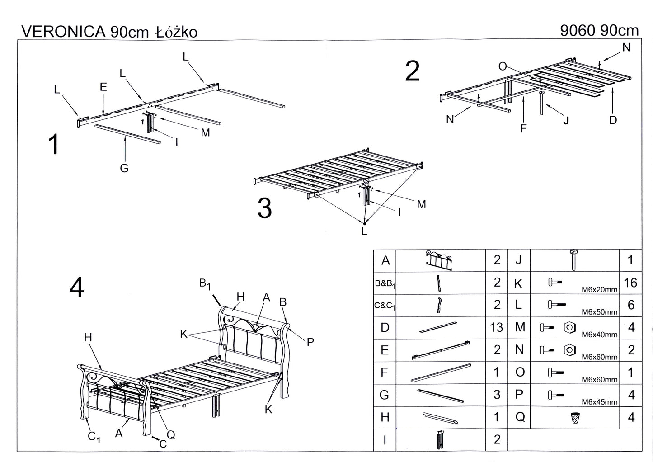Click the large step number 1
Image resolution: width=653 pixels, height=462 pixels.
[x=54, y=145]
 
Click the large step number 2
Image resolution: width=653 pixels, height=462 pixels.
[x=412, y=71]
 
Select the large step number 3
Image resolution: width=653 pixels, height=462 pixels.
[x=264, y=208]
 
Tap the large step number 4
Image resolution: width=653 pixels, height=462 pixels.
[x=76, y=288]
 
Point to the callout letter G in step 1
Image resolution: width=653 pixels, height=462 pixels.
[x=124, y=168]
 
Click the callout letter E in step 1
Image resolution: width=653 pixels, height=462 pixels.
[x=103, y=87]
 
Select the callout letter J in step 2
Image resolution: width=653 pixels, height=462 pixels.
[x=566, y=120]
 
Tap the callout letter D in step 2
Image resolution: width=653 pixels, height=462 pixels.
[x=613, y=120]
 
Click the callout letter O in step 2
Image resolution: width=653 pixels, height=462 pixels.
[x=503, y=66]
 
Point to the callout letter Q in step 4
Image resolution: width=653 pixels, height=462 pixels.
[x=171, y=434]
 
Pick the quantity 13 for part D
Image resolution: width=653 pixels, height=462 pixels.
[x=496, y=327]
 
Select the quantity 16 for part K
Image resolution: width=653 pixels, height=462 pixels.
[x=630, y=283]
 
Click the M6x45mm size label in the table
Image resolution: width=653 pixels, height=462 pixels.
[x=599, y=402]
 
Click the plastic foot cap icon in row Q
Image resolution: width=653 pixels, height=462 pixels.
[x=575, y=417]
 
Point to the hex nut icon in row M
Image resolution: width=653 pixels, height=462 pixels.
[x=569, y=327]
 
